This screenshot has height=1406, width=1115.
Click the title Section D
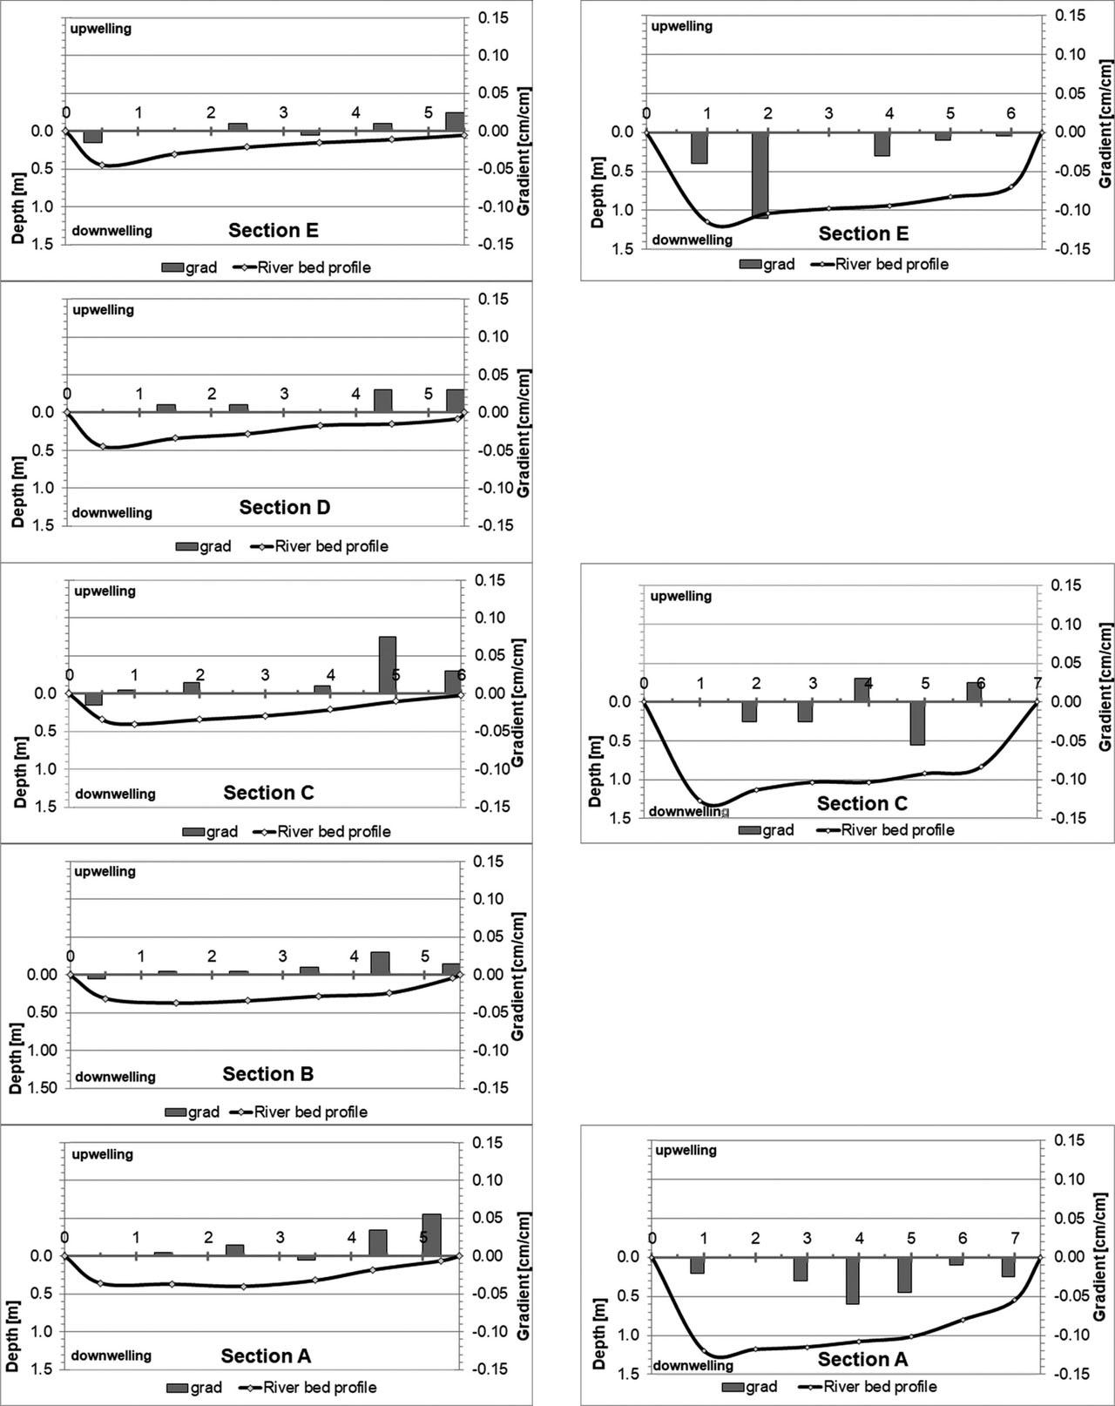pos(285,507)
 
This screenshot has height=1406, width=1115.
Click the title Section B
pos(267,1073)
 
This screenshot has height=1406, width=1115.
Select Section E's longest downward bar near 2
pos(760,174)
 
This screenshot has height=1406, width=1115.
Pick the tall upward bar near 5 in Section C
pos(388,665)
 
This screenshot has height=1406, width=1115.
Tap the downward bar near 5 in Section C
pos(917,722)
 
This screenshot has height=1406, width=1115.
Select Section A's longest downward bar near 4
pos(852,1280)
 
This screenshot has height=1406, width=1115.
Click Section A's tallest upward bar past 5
pos(431,1234)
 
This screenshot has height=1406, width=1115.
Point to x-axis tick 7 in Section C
pos(1037,683)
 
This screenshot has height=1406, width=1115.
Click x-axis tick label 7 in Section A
pos(1015,1238)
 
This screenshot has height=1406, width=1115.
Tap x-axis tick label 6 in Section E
pos(1010,113)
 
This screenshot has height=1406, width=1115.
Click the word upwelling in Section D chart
pos(103,310)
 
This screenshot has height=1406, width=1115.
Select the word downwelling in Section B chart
pos(115,1077)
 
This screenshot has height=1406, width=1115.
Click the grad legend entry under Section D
pos(204,546)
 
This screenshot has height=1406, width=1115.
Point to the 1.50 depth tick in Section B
pos(41,1087)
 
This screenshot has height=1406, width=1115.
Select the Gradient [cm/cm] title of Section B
pos(517,976)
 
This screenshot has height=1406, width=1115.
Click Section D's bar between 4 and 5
pos(382,401)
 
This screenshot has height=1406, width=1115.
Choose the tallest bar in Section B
pos(380,963)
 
